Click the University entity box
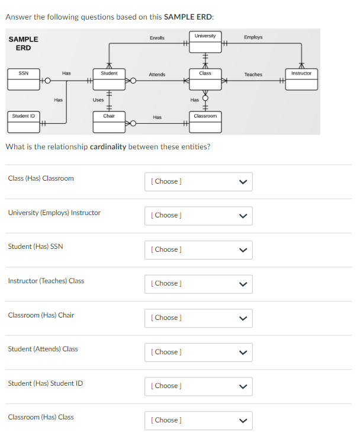(205, 39)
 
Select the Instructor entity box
(301, 78)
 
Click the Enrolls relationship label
(157, 38)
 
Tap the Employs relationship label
(253, 37)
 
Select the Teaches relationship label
(253, 75)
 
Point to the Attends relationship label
(157, 75)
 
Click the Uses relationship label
(98, 100)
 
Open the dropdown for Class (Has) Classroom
(198, 181)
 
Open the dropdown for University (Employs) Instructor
(198, 215)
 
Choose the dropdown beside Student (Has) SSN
(198, 249)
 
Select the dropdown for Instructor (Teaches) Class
(198, 283)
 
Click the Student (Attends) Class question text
(43, 349)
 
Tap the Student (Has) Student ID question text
(46, 383)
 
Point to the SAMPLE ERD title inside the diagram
(24, 43)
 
